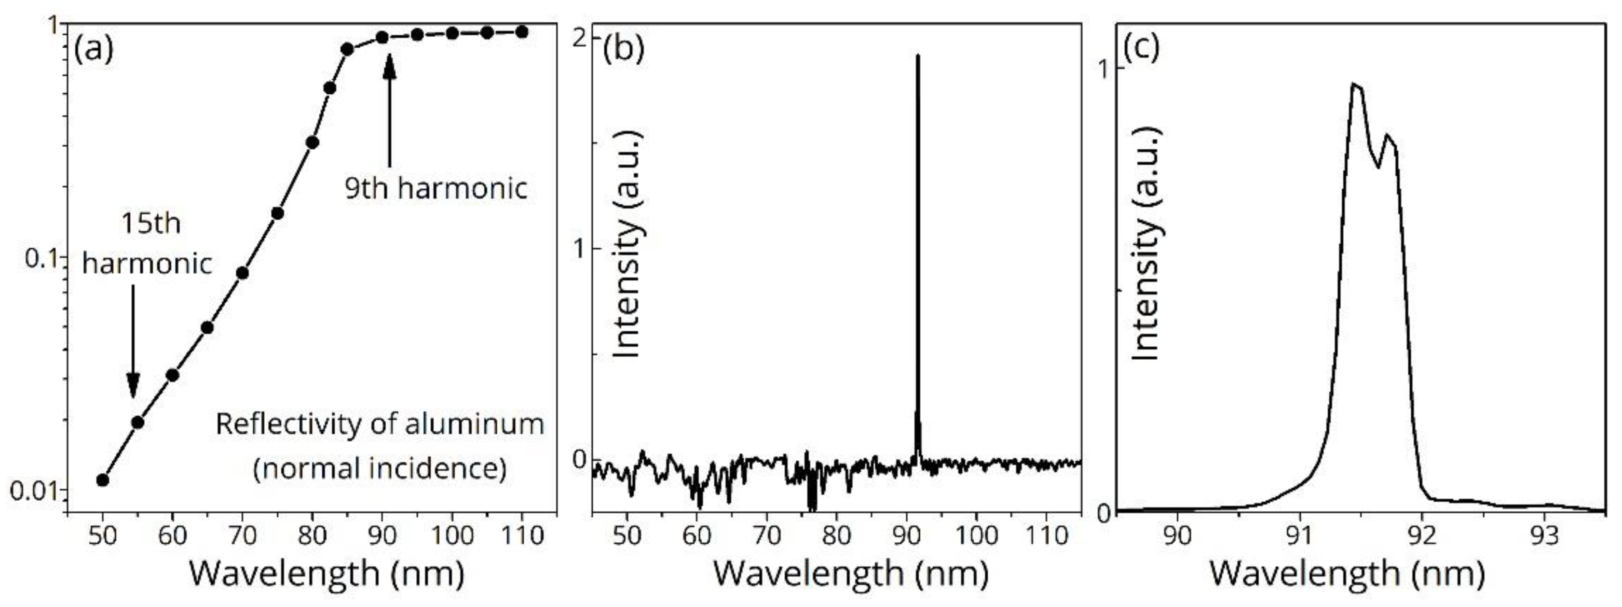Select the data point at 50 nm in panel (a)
[x=103, y=480]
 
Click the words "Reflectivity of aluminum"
[x=380, y=424]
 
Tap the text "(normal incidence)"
[x=380, y=469]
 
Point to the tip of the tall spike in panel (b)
[x=918, y=57]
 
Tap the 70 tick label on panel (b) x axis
[x=766, y=535]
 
